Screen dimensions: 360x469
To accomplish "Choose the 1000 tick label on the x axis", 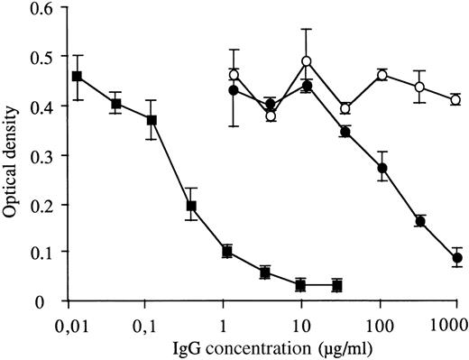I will click(x=456, y=320).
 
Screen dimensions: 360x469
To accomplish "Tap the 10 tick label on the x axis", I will click(x=302, y=320).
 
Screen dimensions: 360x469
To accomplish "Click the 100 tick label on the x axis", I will click(x=379, y=320).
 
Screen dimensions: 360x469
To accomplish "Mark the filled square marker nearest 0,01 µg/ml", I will click(x=78, y=77).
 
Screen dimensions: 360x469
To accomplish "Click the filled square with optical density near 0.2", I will click(x=190, y=206).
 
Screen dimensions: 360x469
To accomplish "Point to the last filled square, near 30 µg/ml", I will click(x=336, y=285).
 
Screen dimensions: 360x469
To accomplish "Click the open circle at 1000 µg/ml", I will click(x=455, y=100).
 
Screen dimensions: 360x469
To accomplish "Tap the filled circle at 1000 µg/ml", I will click(x=456, y=258).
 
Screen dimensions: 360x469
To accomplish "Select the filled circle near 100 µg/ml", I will click(x=382, y=168).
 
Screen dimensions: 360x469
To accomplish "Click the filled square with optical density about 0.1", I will click(x=227, y=252).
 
